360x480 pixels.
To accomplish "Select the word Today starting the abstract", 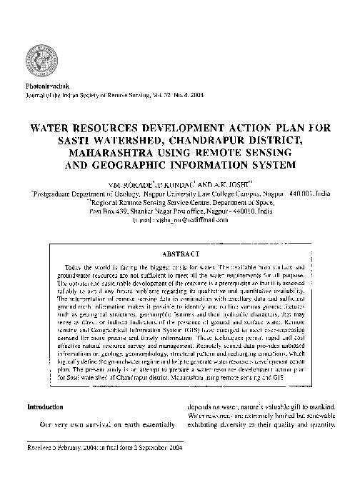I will tap(74, 266).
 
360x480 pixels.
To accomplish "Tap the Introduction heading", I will tap(45, 407).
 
